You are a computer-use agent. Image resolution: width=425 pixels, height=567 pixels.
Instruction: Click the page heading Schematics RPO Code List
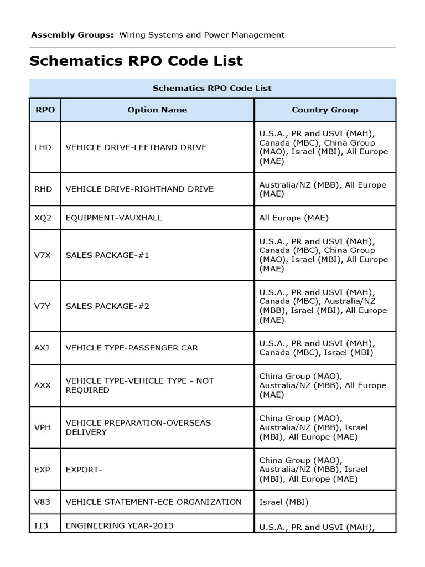point(136,61)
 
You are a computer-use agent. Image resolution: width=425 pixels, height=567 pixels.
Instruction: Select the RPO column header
point(45,110)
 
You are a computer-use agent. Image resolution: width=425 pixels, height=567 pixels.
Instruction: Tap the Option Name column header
point(157,110)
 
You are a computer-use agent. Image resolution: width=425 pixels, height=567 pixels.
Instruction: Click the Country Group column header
point(325,110)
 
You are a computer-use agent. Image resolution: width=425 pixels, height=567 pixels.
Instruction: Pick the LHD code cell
point(43,147)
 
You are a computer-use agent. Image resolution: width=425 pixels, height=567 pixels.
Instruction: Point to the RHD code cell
point(43,189)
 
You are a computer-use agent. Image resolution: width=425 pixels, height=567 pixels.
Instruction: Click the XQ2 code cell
point(43,218)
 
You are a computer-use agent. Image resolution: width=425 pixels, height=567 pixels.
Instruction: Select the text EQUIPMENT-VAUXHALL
point(114,218)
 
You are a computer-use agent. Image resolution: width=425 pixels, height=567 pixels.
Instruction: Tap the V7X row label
point(43,255)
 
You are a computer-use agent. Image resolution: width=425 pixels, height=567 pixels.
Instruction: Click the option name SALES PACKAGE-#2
point(107,306)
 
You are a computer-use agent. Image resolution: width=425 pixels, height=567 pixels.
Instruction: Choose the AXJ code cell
point(43,348)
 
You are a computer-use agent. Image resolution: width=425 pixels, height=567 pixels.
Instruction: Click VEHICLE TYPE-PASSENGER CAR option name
point(132,348)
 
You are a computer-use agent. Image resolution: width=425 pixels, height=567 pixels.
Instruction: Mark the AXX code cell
point(43,385)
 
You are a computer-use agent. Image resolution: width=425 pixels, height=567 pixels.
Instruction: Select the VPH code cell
point(43,427)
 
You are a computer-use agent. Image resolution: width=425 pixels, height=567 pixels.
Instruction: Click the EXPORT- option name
point(84,470)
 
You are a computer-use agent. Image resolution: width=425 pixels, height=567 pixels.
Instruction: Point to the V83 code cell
point(43,502)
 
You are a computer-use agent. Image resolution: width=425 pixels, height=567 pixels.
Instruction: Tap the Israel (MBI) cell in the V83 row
point(284,502)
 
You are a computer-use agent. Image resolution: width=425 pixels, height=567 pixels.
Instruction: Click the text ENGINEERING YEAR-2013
point(120,525)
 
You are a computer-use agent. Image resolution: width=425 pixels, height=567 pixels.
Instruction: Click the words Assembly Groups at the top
point(72,35)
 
